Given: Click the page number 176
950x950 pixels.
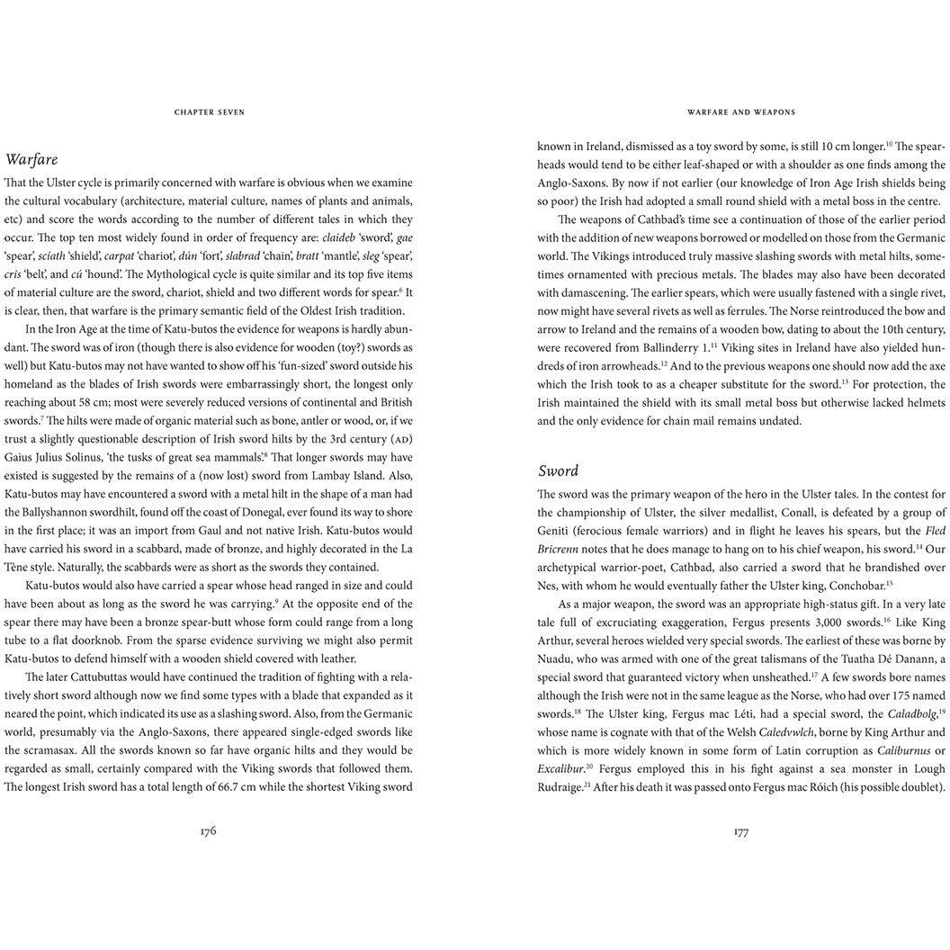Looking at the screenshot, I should [x=208, y=831].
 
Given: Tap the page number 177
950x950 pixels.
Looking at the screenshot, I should [x=741, y=831].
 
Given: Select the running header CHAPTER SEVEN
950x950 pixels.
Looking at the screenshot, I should [x=209, y=112].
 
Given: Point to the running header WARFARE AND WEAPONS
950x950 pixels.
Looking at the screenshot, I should [x=741, y=112].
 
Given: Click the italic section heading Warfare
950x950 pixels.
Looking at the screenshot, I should [x=31, y=160].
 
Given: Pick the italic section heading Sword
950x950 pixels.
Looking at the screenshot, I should [x=558, y=471].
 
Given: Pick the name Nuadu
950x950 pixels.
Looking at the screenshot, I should [x=559, y=659].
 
